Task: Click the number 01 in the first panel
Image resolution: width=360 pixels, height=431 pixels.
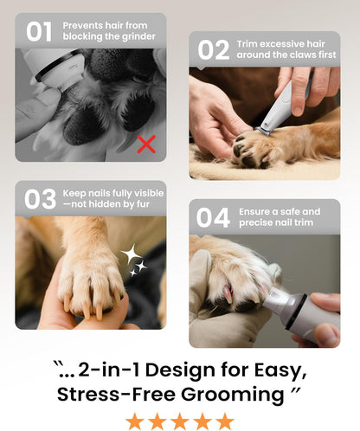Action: click(39, 32)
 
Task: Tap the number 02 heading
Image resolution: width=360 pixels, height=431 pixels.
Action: click(214, 50)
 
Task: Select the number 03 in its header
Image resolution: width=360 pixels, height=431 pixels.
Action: click(40, 199)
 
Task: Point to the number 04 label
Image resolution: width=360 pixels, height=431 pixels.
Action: click(213, 217)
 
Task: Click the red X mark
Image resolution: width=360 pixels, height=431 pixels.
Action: click(146, 144)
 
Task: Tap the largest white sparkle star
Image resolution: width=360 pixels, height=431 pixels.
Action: click(132, 254)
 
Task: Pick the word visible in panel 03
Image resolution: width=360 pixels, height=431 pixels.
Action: click(149, 193)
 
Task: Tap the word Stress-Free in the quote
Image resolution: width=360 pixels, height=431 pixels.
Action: click(116, 394)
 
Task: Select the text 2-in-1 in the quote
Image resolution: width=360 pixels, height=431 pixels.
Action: click(109, 370)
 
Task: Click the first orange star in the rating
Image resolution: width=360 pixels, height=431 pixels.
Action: click(135, 421)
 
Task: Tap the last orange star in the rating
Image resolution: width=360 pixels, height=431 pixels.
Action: click(225, 421)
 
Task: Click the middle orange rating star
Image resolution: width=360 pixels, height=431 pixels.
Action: click(180, 421)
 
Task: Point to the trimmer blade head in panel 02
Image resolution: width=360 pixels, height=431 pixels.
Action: click(262, 131)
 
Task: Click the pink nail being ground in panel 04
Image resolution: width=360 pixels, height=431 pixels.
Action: click(228, 293)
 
